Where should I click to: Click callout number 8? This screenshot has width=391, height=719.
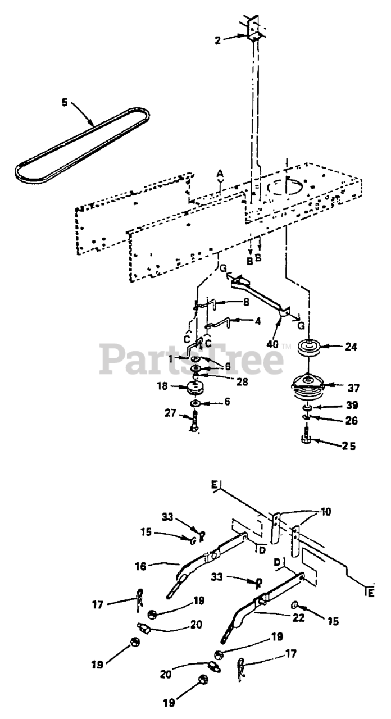click(x=229, y=302)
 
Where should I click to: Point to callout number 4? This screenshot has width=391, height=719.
click(x=242, y=322)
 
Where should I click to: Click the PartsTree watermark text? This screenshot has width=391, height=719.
click(x=191, y=359)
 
